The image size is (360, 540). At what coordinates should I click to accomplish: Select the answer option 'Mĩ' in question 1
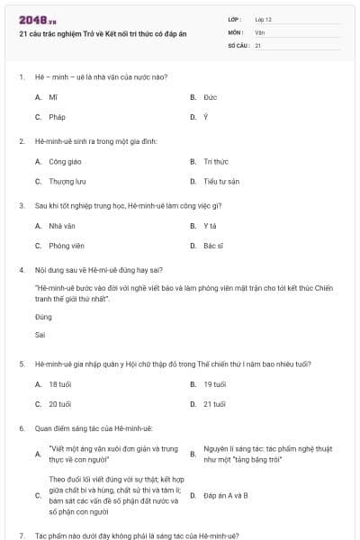coord(53,96)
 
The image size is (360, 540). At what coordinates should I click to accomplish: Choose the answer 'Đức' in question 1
coord(210,96)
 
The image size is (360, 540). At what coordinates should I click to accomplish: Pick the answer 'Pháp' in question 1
coord(57,117)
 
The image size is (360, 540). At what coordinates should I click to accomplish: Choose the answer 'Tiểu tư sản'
coord(220,181)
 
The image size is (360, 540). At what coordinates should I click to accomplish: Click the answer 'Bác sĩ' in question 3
coord(212,245)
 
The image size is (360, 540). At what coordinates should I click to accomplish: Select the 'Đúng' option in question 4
coord(43,317)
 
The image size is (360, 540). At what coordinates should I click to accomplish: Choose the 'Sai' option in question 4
coord(40,334)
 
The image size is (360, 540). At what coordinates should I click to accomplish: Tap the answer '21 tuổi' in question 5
coord(214,404)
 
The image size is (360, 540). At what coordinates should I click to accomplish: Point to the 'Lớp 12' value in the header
coord(263,18)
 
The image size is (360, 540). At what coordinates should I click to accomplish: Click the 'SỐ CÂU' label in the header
coord(238,44)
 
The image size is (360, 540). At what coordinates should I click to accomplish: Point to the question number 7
coord(21,535)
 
